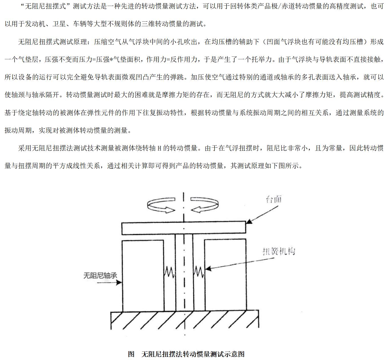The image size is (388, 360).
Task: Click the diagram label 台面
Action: (x=274, y=199)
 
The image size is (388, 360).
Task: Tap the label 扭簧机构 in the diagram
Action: (x=279, y=251)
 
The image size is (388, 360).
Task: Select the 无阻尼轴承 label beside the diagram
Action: (x=100, y=275)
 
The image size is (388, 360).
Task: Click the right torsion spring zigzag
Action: (x=199, y=272)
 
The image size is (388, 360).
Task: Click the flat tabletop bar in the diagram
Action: (x=184, y=228)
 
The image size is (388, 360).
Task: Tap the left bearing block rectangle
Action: (x=143, y=275)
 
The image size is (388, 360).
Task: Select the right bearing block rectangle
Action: (x=225, y=275)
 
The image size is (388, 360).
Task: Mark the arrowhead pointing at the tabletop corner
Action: (x=248, y=221)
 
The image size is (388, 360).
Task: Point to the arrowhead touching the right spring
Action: (x=208, y=269)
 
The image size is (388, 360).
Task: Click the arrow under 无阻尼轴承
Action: (x=109, y=282)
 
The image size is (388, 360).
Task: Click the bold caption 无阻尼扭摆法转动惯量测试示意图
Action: (x=193, y=354)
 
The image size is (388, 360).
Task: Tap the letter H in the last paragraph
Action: (x=159, y=149)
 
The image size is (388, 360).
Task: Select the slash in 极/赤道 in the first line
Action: (x=280, y=7)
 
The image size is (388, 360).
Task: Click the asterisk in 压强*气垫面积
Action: (x=111, y=59)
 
